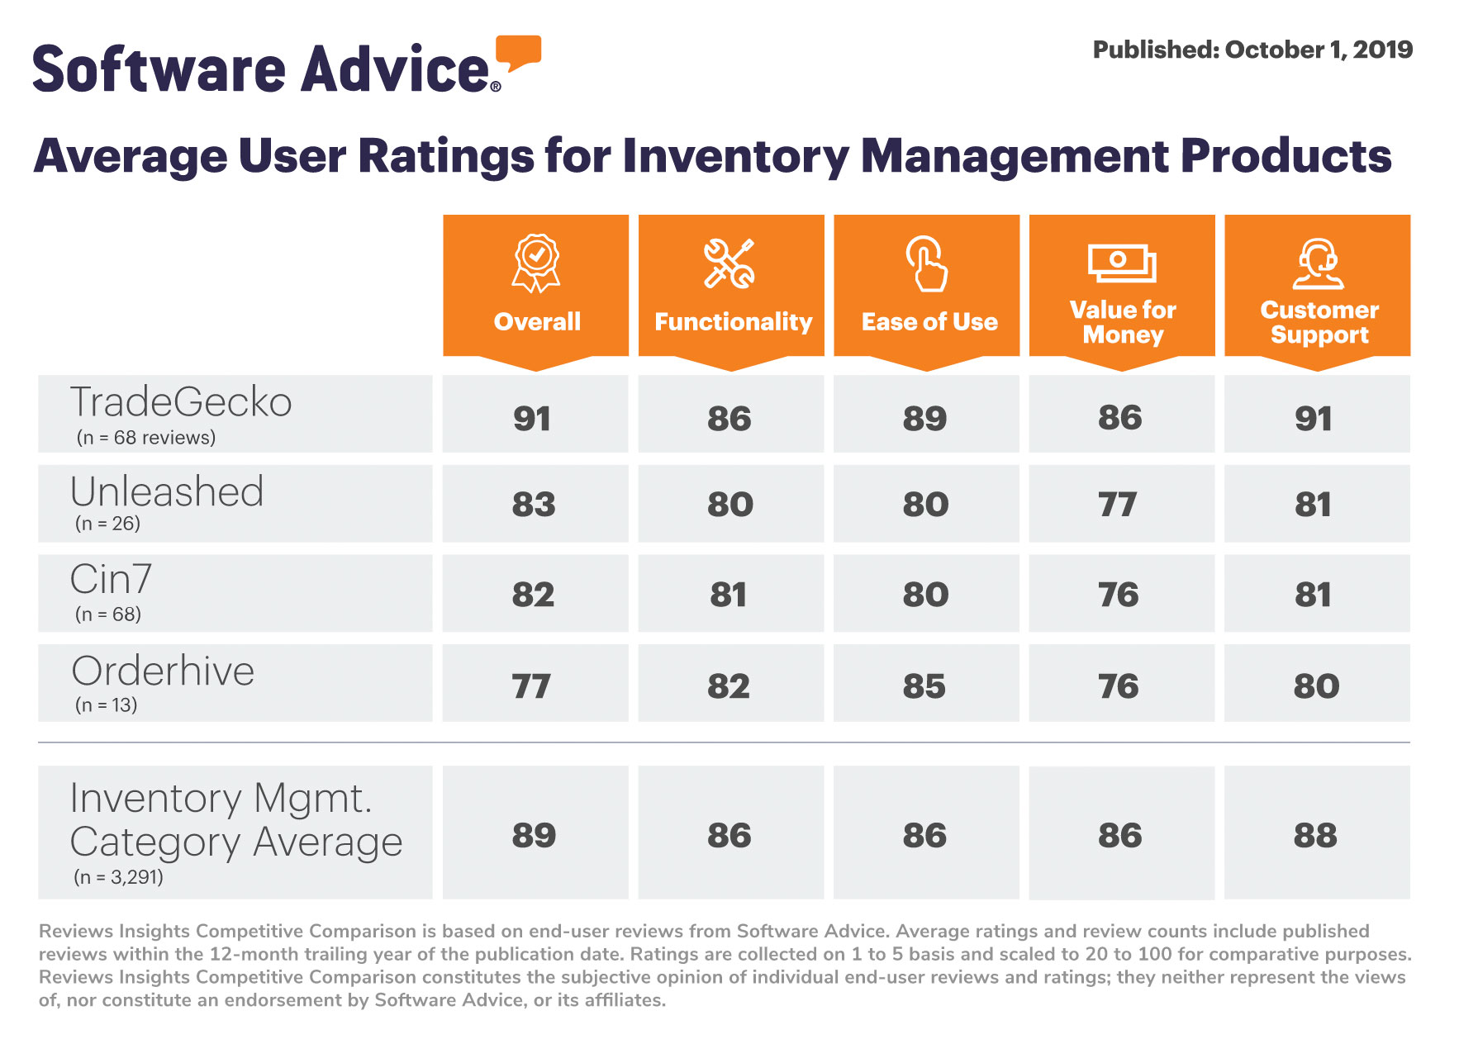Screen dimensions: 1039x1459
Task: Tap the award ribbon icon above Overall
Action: pyautogui.click(x=536, y=263)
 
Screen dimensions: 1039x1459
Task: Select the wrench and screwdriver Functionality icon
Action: pyautogui.click(x=729, y=263)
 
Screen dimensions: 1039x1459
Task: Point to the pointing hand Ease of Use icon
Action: pyautogui.click(x=927, y=263)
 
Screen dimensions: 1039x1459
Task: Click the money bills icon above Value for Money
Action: pyautogui.click(x=1121, y=263)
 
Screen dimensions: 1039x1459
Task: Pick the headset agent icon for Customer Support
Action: pyautogui.click(x=1318, y=263)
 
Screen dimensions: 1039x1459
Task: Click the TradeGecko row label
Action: pyautogui.click(x=181, y=402)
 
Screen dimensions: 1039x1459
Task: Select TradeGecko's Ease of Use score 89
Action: pyautogui.click(x=924, y=419)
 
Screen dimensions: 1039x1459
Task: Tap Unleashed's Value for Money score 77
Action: pyautogui.click(x=1118, y=505)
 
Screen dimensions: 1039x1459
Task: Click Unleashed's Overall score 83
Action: pyautogui.click(x=534, y=505)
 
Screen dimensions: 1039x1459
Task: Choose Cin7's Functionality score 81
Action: pyautogui.click(x=729, y=595)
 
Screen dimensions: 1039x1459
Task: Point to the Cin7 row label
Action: pyautogui.click(x=111, y=579)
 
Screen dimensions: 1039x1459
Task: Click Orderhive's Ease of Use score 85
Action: pyautogui.click(x=924, y=686)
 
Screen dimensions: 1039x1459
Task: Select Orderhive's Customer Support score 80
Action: pyautogui.click(x=1316, y=686)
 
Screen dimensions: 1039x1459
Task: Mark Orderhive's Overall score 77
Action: pyautogui.click(x=531, y=686)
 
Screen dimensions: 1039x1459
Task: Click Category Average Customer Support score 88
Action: pyautogui.click(x=1315, y=836)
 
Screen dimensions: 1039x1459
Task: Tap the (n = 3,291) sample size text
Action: pyautogui.click(x=119, y=877)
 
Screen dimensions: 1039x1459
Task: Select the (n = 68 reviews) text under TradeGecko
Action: pyautogui.click(x=146, y=438)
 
